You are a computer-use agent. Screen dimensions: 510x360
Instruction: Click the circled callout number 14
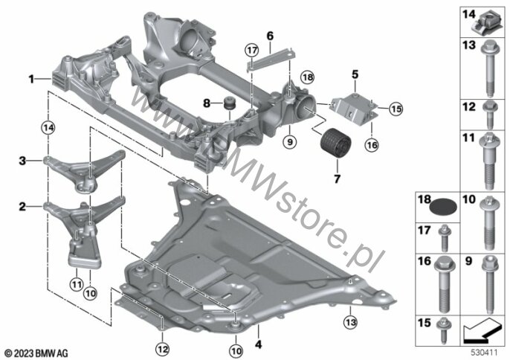click(x=48, y=128)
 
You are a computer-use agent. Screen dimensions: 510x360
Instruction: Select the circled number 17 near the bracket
click(x=252, y=51)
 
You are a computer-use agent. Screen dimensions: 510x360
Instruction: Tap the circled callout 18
click(x=308, y=77)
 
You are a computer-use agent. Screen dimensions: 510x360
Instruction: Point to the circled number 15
click(x=396, y=109)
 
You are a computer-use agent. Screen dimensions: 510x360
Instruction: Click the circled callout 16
click(x=372, y=145)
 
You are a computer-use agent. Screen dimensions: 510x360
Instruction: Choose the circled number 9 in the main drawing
click(x=290, y=142)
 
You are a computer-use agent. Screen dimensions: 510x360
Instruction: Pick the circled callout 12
click(x=163, y=350)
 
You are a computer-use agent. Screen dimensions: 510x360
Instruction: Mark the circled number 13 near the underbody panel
click(x=351, y=322)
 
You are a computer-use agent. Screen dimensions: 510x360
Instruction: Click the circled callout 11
click(x=77, y=285)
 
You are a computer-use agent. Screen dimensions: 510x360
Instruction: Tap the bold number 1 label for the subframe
click(x=31, y=79)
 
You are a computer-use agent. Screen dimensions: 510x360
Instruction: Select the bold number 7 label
click(x=337, y=179)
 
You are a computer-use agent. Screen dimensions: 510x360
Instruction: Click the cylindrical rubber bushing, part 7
click(x=336, y=144)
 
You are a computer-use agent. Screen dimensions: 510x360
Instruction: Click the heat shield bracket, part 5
click(x=354, y=108)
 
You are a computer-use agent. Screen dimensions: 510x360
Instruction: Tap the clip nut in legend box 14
click(x=483, y=25)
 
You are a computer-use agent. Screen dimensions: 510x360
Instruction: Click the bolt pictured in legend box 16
click(x=445, y=284)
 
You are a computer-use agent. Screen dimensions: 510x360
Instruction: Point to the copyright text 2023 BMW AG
click(x=36, y=353)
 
